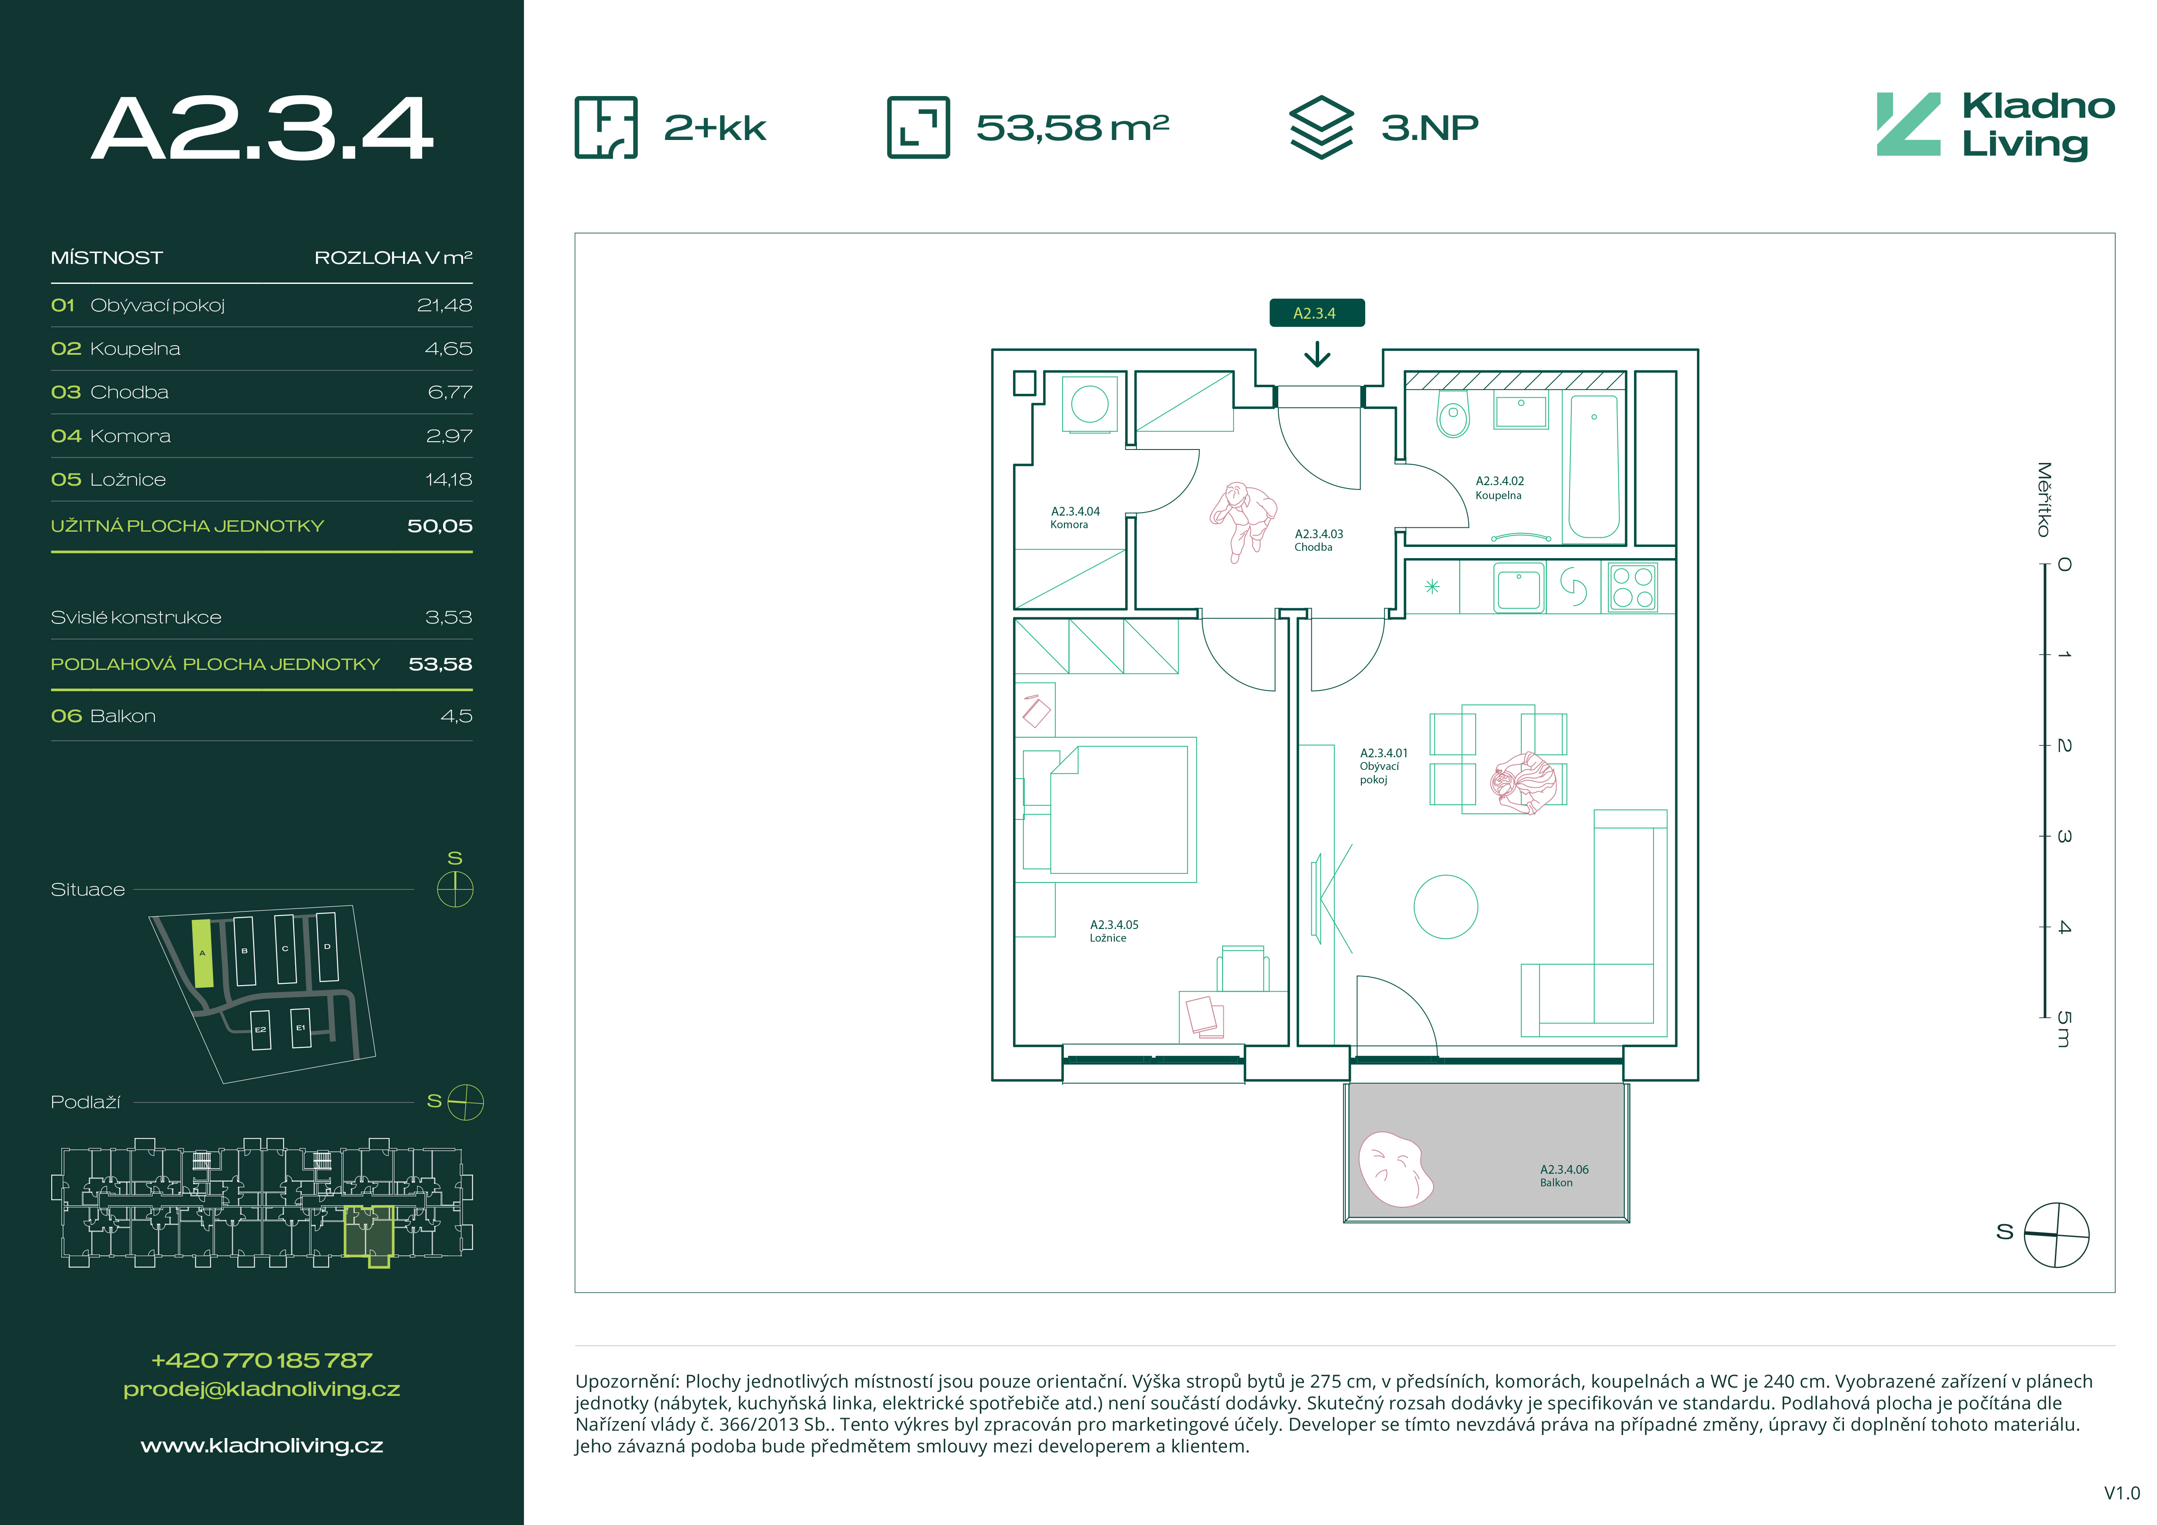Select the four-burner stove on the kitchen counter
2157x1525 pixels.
1633,587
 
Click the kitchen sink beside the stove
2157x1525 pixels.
1518,587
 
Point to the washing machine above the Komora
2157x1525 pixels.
1090,404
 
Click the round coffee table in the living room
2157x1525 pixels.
1446,907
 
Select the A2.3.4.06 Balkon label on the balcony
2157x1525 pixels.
1564,1175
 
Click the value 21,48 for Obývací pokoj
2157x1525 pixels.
444,305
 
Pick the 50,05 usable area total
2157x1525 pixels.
440,526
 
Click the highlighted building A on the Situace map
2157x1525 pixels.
202,953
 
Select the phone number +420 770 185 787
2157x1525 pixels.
262,1360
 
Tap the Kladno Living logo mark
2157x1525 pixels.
1908,124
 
